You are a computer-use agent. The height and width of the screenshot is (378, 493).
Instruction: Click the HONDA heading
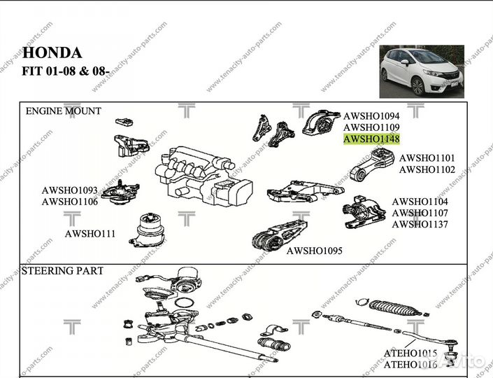point(52,52)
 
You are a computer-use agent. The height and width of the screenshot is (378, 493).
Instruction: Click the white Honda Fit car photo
point(422,71)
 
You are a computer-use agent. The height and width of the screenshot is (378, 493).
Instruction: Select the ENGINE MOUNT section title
point(63,111)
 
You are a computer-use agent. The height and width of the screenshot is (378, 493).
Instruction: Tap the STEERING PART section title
point(63,271)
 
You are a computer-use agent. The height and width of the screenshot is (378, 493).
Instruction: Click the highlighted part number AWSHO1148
point(371,139)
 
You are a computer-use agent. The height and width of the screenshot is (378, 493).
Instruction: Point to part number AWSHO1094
point(371,115)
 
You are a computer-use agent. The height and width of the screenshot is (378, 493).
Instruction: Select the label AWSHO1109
point(371,127)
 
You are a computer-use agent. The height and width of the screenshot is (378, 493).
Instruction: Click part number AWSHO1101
point(427,158)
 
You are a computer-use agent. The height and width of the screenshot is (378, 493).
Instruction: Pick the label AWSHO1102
point(427,169)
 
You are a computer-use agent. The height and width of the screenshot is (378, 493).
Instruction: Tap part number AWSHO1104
point(420,202)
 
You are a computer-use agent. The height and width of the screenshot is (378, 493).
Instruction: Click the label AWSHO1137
point(420,224)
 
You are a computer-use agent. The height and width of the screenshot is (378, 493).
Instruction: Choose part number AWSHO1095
point(314,251)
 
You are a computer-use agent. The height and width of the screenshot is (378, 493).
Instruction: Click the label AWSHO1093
point(69,190)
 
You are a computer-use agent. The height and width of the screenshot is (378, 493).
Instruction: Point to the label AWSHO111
point(90,234)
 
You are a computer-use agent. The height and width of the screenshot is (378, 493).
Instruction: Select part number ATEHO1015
point(410,353)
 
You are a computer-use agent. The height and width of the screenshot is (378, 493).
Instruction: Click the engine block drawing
point(203,175)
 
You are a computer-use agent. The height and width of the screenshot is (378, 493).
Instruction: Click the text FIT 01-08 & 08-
point(66,70)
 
